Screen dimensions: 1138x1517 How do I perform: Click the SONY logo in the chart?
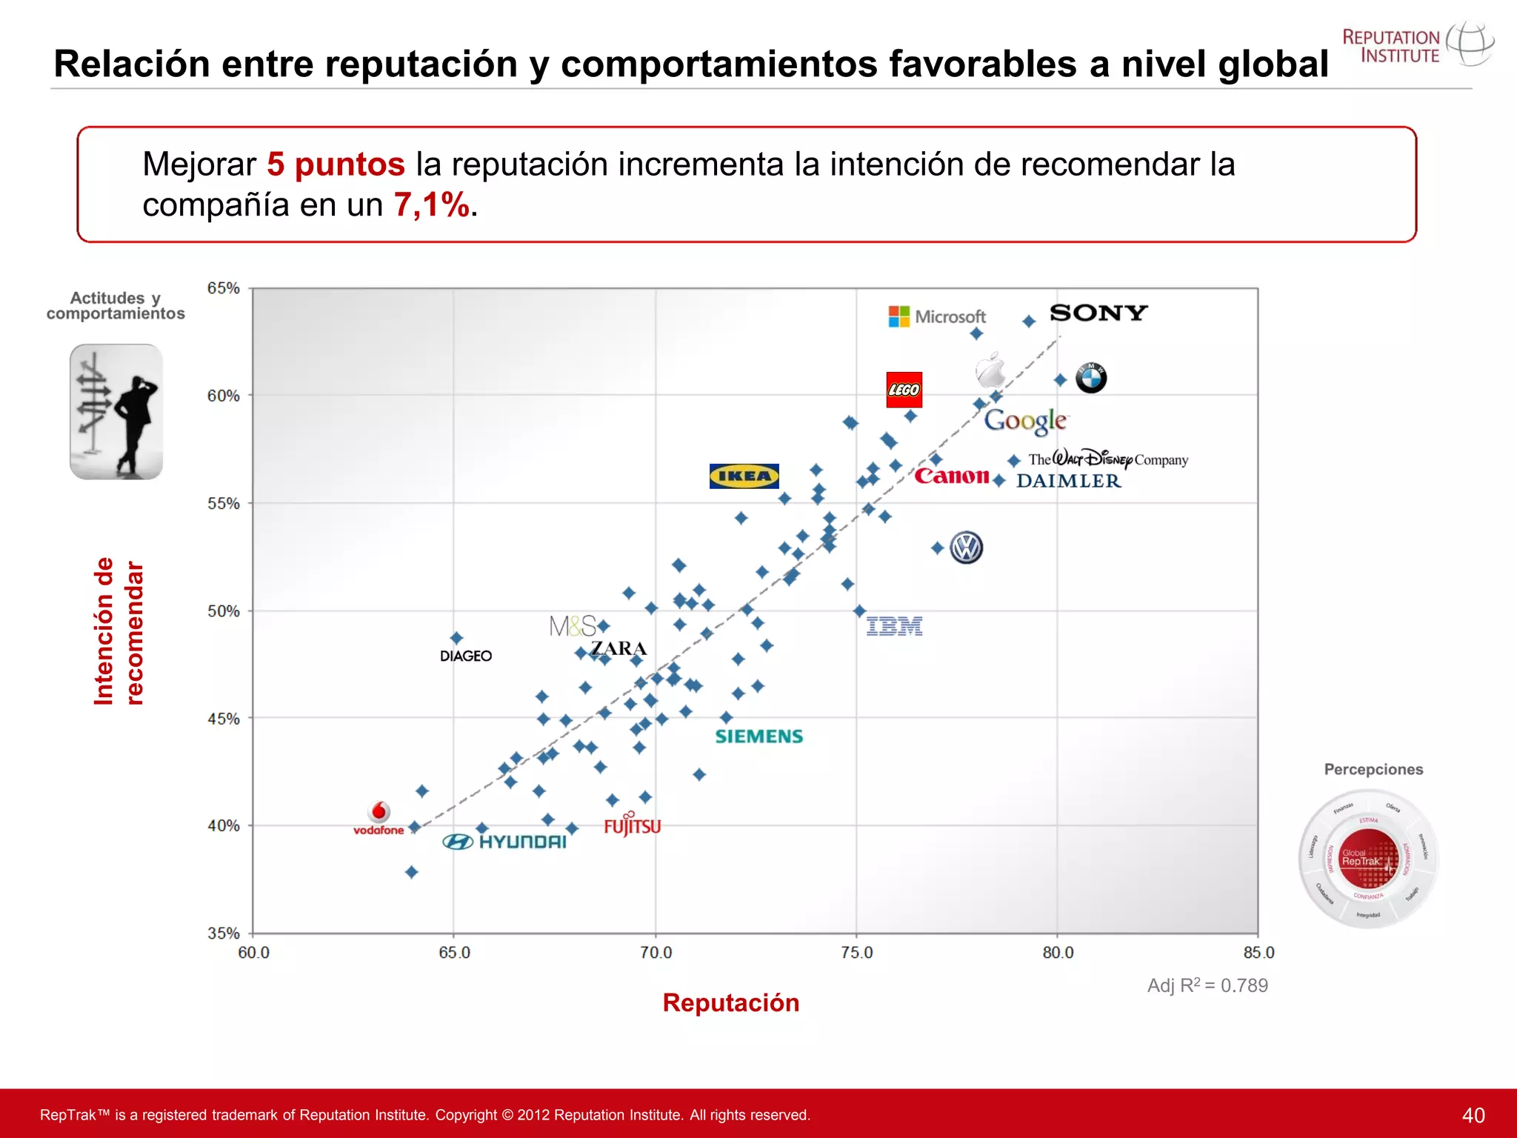click(x=1098, y=313)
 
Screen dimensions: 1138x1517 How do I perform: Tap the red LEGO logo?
click(x=904, y=390)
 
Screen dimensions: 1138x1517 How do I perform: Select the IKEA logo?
click(x=744, y=476)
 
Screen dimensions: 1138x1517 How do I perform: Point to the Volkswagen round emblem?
click(x=966, y=548)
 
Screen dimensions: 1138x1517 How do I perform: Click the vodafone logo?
click(x=379, y=819)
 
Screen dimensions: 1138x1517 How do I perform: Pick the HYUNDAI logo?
click(x=504, y=842)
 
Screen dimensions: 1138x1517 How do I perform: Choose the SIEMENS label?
click(x=758, y=736)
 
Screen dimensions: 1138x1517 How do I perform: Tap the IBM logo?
click(x=894, y=627)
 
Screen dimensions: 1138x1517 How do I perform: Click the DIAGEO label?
click(x=465, y=656)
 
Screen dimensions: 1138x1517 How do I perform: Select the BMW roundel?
click(x=1091, y=378)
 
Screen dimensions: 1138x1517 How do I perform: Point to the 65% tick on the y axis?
click(x=223, y=288)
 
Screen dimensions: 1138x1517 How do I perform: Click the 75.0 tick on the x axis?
click(x=856, y=953)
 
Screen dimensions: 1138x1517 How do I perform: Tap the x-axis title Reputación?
click(x=730, y=1002)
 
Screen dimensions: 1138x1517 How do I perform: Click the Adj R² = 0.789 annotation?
click(x=1207, y=985)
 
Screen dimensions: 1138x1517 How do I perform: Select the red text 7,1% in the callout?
click(x=432, y=204)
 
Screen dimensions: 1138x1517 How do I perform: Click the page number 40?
click(x=1473, y=1115)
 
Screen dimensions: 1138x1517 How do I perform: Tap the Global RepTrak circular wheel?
click(x=1368, y=859)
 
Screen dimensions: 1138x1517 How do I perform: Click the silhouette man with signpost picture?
click(x=116, y=411)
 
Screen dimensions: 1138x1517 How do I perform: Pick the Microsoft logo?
click(x=937, y=316)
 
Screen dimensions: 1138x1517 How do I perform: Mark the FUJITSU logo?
click(x=632, y=825)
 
